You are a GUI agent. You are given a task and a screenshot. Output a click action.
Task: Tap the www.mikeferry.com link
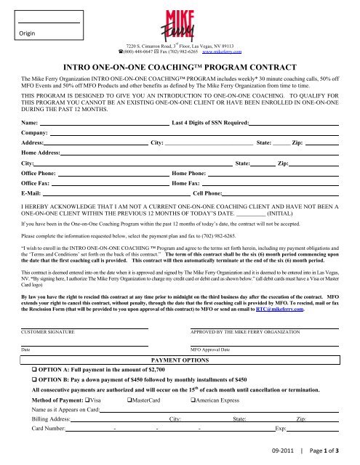pos(222,52)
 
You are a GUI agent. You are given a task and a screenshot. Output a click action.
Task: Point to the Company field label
pos(36,135)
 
